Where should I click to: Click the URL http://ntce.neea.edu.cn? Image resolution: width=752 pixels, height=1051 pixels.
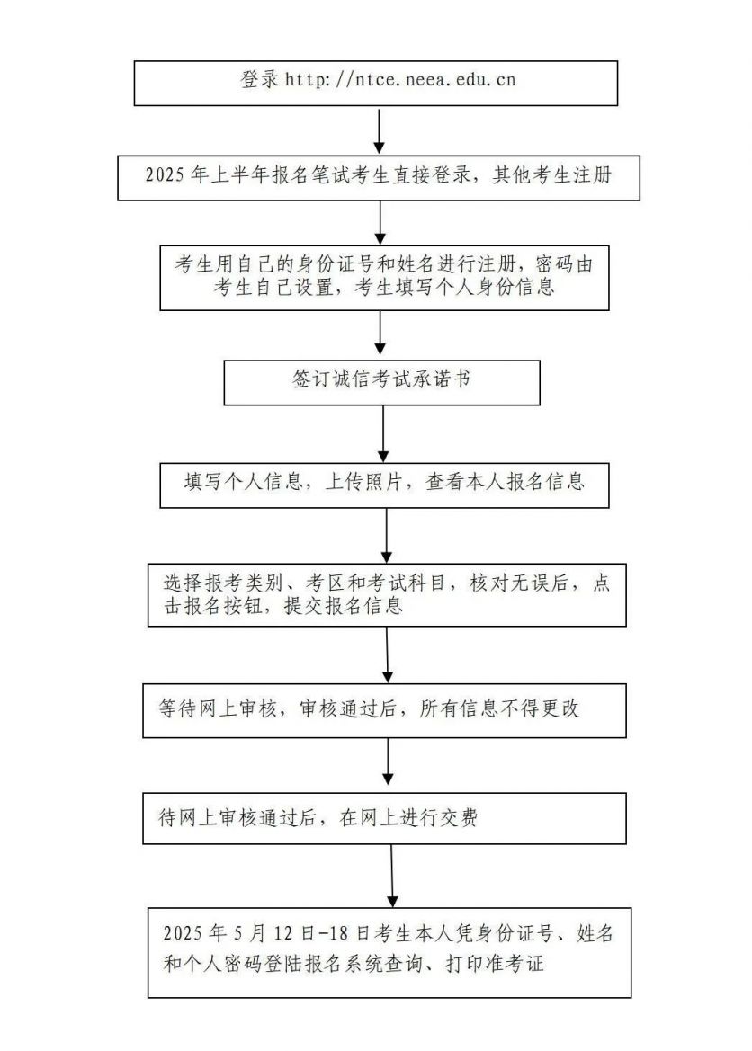pos(400,80)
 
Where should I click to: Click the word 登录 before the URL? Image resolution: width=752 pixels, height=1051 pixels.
pos(260,79)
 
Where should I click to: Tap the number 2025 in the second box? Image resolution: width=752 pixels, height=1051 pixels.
pos(165,175)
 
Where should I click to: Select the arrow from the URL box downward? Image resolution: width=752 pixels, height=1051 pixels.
pos(379,130)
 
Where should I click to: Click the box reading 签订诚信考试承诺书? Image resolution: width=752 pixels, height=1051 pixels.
pos(381,383)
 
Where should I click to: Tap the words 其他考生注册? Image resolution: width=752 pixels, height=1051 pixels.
pos(552,175)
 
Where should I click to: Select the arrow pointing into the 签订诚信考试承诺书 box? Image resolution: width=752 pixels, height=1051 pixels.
pos(380,333)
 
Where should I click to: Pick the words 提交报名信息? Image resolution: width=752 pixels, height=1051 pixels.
pos(344,606)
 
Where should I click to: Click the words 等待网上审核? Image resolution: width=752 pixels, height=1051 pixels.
pos(218,708)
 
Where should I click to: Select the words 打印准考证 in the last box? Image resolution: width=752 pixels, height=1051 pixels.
pos(495,964)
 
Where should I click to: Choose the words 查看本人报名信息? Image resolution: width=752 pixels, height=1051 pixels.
pos(506,482)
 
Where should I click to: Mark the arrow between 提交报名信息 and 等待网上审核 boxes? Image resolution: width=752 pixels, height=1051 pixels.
pos(387,655)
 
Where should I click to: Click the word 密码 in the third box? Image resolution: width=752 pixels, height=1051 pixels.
pos(554,264)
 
